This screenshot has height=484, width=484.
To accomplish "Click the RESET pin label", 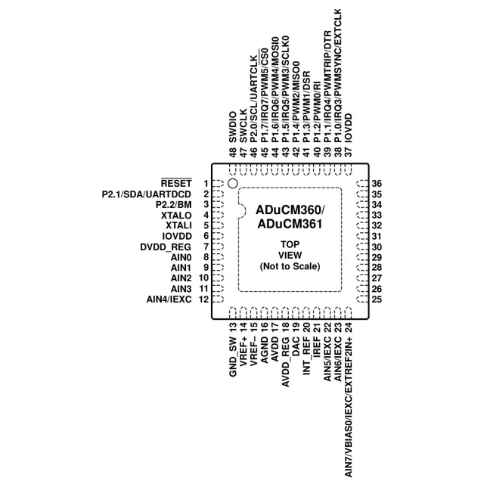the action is pos(176,183).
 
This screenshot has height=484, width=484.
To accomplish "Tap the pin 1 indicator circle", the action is pos(232,184).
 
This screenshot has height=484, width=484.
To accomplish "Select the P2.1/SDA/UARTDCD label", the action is pos(147,194).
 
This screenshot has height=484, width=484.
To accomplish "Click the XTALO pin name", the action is pos(176,215).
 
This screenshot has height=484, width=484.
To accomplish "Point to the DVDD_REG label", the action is pos(166,247).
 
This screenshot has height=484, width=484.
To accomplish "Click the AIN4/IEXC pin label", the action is pos(169,299).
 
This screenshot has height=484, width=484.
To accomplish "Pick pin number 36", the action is pos(377,184).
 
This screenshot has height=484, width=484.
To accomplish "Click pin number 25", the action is pos(377,299).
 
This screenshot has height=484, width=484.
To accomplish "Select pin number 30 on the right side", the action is pos(377,247).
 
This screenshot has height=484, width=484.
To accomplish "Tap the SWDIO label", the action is pos(233,127).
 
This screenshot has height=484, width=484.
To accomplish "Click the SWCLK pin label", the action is pos(244,126).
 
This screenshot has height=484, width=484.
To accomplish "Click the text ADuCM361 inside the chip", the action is pos(290,224).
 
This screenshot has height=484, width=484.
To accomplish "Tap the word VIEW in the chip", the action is pos(290,256).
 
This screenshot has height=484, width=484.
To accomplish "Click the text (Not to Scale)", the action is pos(290,266).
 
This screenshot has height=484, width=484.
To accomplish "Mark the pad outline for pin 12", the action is pos(219,299).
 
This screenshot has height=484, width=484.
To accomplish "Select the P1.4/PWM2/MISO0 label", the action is pos(296,101).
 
